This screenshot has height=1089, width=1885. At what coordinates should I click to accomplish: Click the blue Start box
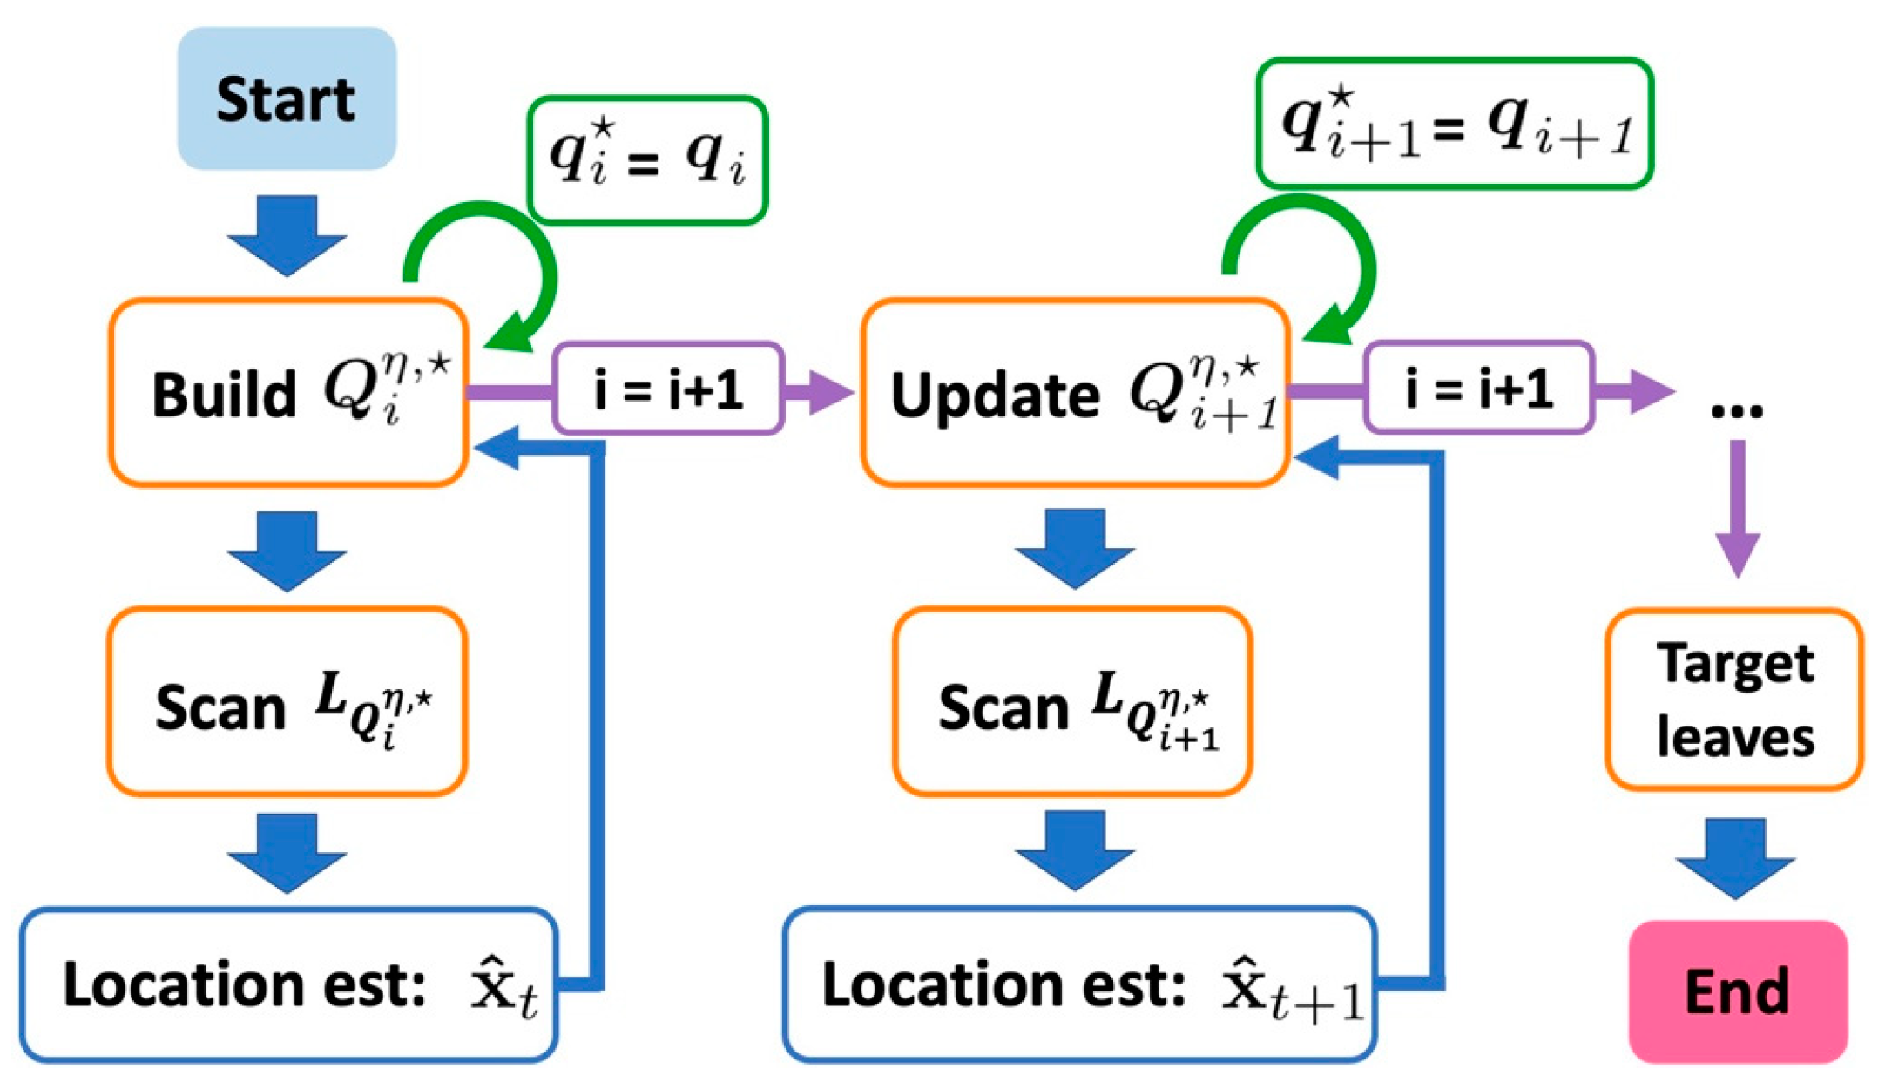pos(287,98)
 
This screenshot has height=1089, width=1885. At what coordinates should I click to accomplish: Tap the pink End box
pos(1737,991)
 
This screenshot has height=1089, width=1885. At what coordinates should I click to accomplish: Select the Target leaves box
pos(1734,700)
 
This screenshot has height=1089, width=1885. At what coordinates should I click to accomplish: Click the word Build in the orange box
pos(224,395)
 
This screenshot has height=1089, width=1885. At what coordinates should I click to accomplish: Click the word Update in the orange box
pos(995,395)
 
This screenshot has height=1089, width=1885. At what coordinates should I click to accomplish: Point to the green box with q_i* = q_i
pos(647,160)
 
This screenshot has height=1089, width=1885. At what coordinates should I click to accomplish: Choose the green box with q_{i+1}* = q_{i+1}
pos(1454,124)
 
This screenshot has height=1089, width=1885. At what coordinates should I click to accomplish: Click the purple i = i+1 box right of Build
pos(668,389)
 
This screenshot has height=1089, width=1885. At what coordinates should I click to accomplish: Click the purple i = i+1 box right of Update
pos(1478,389)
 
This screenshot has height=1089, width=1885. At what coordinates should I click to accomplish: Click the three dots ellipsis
pos(1736,409)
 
